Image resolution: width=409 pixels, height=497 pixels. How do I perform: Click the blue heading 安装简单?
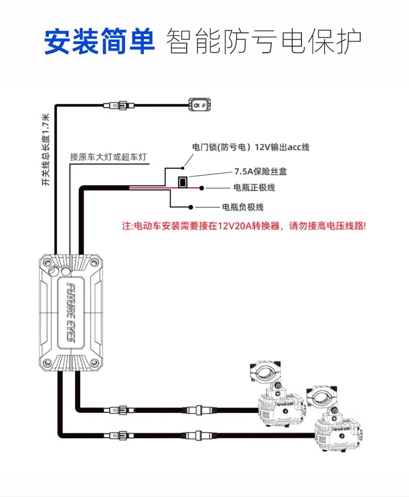click(x=99, y=43)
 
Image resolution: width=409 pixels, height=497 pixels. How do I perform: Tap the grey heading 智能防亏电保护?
click(x=263, y=43)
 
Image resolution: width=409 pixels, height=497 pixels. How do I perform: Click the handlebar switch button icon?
click(x=200, y=104)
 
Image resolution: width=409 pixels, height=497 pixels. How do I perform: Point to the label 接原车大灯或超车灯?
click(x=108, y=157)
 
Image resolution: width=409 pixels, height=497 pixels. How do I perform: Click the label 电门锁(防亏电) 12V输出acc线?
click(x=250, y=147)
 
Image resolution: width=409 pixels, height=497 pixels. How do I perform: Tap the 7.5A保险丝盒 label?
click(x=260, y=171)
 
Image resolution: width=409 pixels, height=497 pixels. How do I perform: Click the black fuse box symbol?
click(x=182, y=182)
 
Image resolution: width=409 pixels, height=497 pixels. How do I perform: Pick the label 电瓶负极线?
click(x=243, y=207)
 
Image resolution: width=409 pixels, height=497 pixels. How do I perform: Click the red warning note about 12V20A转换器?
click(x=244, y=226)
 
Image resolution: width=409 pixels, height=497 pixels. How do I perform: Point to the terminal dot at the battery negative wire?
click(x=191, y=207)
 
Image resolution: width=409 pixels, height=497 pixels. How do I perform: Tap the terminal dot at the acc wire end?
click(x=183, y=168)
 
